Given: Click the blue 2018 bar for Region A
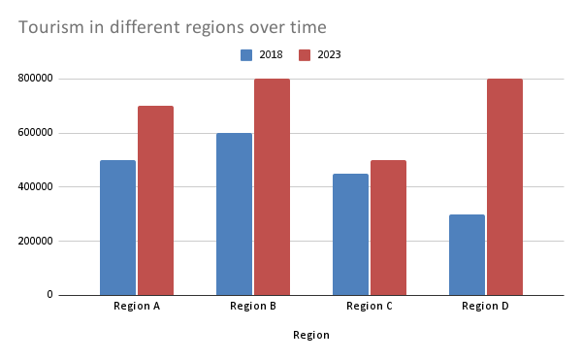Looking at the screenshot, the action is (x=117, y=228).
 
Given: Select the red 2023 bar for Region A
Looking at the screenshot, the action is (x=155, y=201).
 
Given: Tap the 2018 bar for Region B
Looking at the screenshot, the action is (x=234, y=214).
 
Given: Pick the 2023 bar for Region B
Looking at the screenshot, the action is (x=272, y=187).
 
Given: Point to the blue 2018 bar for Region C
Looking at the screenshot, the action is (x=351, y=235).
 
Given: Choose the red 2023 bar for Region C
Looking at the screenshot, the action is (x=388, y=228).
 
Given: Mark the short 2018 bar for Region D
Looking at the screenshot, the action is (x=467, y=255).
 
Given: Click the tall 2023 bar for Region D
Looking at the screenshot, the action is (x=504, y=187).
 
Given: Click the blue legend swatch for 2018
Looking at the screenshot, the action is (x=246, y=55).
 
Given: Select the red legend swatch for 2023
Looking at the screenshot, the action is (x=305, y=55).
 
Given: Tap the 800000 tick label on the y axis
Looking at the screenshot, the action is (x=35, y=79).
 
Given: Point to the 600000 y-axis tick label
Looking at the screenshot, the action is (x=35, y=133).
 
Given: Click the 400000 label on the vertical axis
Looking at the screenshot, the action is (x=35, y=186).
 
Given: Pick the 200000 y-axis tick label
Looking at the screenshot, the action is (x=35, y=241).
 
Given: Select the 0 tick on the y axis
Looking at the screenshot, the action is (x=49, y=295).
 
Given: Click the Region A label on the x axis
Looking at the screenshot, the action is (x=137, y=307).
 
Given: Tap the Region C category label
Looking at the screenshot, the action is (x=370, y=307).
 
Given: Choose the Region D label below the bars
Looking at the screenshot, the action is (x=486, y=307).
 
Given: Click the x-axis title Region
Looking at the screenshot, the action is (x=311, y=335).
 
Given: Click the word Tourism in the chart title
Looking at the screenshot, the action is (x=51, y=27).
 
